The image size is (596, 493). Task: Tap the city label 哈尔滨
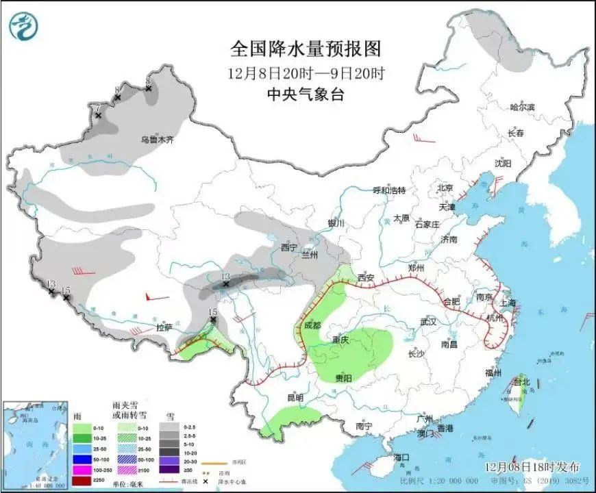click(522, 108)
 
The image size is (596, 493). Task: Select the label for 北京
click(446, 188)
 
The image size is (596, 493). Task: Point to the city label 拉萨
click(164, 327)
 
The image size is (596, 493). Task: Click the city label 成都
click(312, 326)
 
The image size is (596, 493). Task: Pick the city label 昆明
click(295, 396)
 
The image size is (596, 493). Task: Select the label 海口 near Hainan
click(401, 457)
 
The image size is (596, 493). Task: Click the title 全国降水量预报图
click(305, 49)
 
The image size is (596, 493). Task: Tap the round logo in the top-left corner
click(23, 26)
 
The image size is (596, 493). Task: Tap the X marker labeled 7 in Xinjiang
click(98, 116)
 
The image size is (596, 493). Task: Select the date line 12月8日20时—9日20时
click(305, 73)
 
